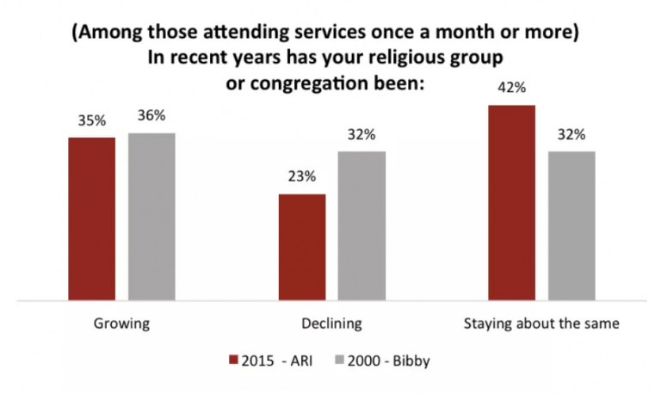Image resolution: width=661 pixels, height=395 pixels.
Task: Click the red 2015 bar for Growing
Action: click(x=91, y=219)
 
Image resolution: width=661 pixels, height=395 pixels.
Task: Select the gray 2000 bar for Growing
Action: click(x=151, y=217)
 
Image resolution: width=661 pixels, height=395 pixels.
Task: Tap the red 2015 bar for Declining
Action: click(x=301, y=248)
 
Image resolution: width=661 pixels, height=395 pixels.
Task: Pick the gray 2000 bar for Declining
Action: click(x=361, y=226)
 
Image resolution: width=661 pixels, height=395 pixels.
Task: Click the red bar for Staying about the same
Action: click(x=511, y=203)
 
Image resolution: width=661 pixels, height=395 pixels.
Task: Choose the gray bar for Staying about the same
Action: click(x=571, y=226)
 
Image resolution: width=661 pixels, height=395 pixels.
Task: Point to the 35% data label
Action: click(x=91, y=121)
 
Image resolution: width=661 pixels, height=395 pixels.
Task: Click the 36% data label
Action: click(x=151, y=117)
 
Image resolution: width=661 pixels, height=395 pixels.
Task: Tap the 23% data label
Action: click(x=301, y=178)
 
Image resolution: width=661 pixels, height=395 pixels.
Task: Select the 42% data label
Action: click(x=511, y=89)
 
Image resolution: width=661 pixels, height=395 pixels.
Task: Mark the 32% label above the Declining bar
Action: click(x=361, y=135)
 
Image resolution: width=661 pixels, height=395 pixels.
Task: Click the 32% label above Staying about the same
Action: click(x=571, y=135)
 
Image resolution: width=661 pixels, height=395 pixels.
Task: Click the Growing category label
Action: click(x=121, y=324)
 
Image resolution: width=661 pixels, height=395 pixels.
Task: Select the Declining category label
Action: click(x=331, y=324)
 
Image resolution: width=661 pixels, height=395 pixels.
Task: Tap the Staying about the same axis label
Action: click(x=541, y=324)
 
